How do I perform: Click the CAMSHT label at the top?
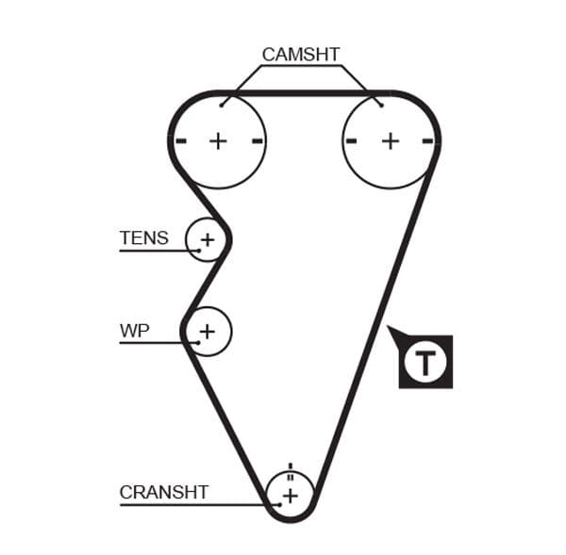click(x=301, y=55)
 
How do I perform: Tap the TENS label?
click(x=143, y=238)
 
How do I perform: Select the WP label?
click(x=135, y=331)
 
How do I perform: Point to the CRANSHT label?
click(x=164, y=492)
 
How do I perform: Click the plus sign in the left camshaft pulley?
click(x=218, y=141)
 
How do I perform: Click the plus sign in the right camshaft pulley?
click(x=390, y=141)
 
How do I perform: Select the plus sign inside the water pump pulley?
click(x=207, y=332)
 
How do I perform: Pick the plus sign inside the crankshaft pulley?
click(x=291, y=495)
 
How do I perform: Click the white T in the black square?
click(x=426, y=361)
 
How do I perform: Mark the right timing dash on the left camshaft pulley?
click(x=257, y=141)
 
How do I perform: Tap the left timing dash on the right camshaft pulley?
click(x=352, y=141)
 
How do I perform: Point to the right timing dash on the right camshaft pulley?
click(x=428, y=141)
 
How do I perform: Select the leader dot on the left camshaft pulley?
click(x=222, y=105)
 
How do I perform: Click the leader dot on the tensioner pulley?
click(x=199, y=250)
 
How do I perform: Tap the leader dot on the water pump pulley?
click(x=198, y=342)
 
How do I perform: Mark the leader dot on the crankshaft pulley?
click(x=279, y=504)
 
